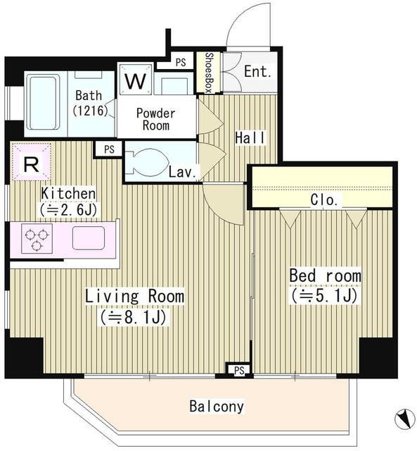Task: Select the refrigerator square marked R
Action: pyautogui.click(x=31, y=164)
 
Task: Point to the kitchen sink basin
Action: pyautogui.click(x=88, y=238)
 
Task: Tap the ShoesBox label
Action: pyautogui.click(x=209, y=73)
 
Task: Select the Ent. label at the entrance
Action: pyautogui.click(x=257, y=72)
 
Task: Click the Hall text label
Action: pyautogui.click(x=250, y=137)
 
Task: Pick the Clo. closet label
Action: pyautogui.click(x=325, y=200)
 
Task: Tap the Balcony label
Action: pyautogui.click(x=217, y=407)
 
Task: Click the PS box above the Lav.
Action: pyautogui.click(x=108, y=149)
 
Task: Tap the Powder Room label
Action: pyautogui.click(x=155, y=119)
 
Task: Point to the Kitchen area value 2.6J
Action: pyautogui.click(x=68, y=209)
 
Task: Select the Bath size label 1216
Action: pyautogui.click(x=89, y=111)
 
